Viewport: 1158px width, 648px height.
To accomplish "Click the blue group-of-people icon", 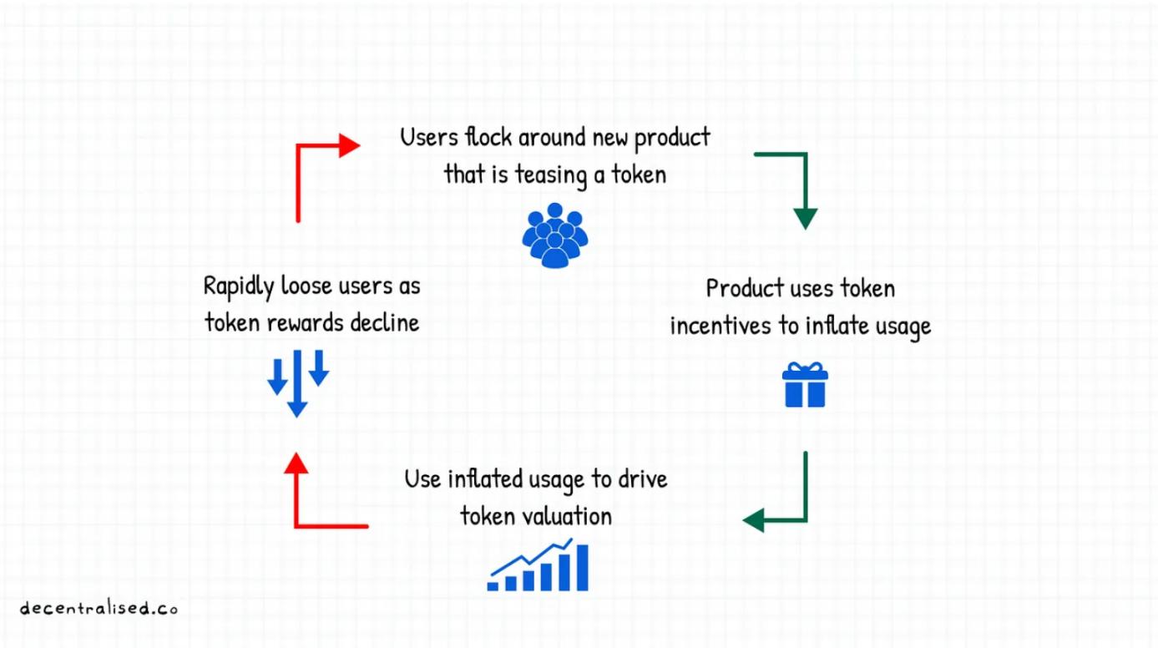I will [x=555, y=235].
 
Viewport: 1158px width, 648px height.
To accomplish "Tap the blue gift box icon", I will [x=804, y=386].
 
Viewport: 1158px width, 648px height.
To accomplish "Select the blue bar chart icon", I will [x=539, y=566].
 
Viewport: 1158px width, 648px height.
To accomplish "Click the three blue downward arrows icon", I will [x=297, y=382].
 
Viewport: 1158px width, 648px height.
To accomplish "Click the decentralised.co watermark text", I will [x=99, y=608].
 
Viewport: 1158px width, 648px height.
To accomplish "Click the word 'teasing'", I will [x=548, y=175].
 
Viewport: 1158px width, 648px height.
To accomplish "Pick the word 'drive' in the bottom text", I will [x=644, y=479].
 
